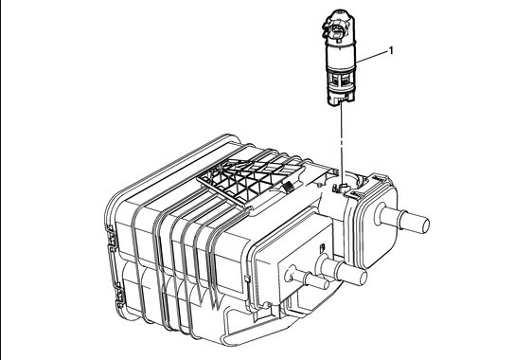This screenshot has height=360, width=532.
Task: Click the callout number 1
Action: tap(391, 51)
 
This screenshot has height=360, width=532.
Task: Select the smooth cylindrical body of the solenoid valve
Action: tap(341, 54)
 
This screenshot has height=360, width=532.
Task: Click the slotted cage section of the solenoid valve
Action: tap(341, 80)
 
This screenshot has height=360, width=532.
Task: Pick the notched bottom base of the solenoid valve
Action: tap(341, 99)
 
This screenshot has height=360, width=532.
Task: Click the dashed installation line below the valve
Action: tap(342, 144)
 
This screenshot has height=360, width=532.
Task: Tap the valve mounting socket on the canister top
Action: tap(342, 188)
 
